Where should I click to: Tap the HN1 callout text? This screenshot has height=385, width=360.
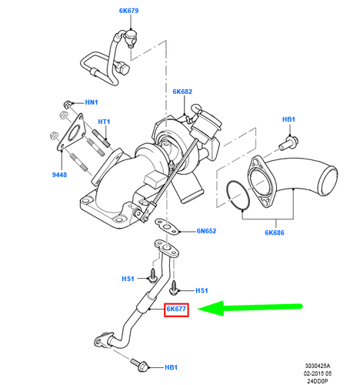(92, 102)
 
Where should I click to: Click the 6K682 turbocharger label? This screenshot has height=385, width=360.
(182, 92)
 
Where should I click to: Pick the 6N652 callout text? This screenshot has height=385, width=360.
(207, 230)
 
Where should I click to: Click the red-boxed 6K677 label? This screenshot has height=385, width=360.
(177, 310)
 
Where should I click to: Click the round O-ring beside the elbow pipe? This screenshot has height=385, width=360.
(241, 194)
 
